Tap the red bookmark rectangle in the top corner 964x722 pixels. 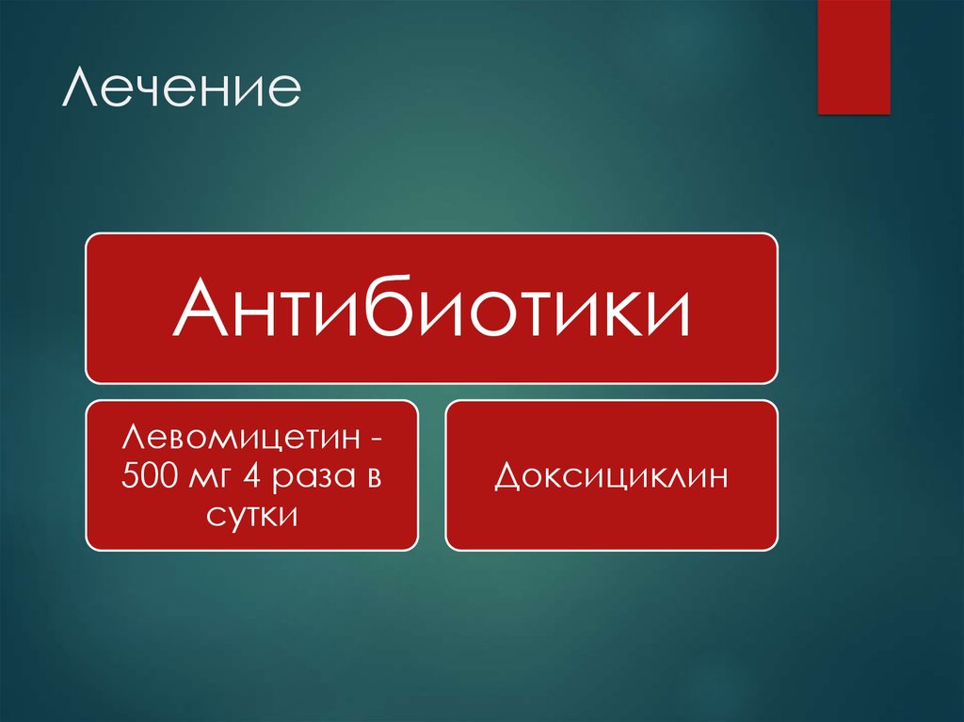coord(854,56)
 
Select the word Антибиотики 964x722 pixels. coord(432,311)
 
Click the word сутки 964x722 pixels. coord(251,515)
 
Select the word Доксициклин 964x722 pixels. coord(612,476)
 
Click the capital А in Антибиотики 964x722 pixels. coord(196,311)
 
